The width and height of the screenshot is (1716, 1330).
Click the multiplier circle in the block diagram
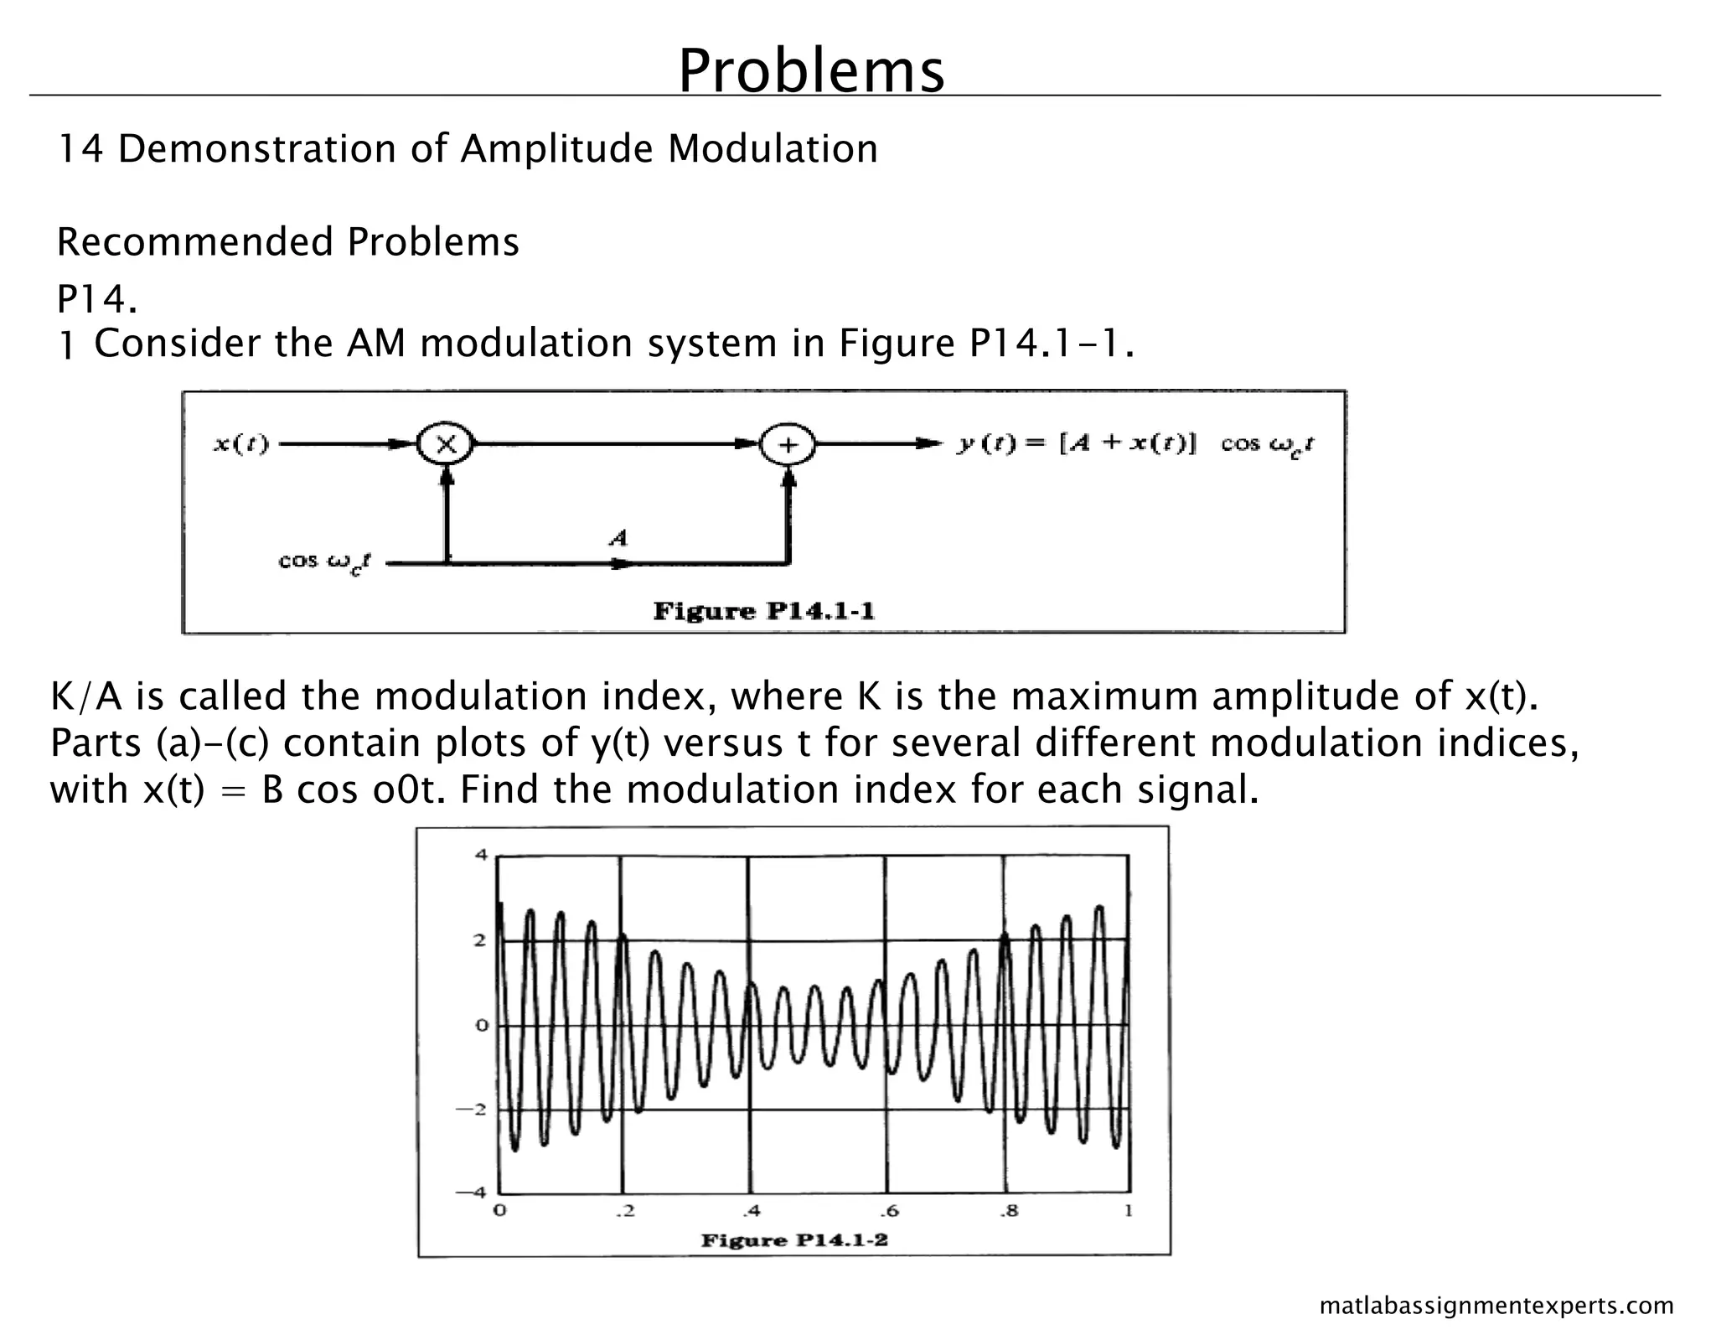click(x=446, y=444)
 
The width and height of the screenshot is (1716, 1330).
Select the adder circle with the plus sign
click(x=788, y=444)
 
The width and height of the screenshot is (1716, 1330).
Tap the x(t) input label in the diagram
click(x=241, y=444)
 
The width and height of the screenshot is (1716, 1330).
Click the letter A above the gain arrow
click(x=618, y=537)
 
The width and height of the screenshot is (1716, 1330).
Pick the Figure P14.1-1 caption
click(x=763, y=610)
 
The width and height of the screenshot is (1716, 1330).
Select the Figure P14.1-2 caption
click(x=793, y=1239)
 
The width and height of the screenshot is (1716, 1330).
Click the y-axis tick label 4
click(x=480, y=856)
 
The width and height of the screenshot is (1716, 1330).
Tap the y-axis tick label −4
click(x=474, y=1193)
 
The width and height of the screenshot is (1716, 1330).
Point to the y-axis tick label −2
click(x=474, y=1109)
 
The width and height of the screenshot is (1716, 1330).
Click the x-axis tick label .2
click(x=624, y=1211)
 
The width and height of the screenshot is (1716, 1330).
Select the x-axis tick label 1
click(x=1129, y=1211)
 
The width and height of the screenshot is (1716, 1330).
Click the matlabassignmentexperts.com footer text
click(x=1496, y=1306)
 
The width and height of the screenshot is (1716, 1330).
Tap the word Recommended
click(x=195, y=242)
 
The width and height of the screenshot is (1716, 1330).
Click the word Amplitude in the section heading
click(x=556, y=149)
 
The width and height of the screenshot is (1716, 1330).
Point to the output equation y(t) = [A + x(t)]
click(x=1077, y=443)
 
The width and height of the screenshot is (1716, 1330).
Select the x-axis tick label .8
click(x=1010, y=1211)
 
